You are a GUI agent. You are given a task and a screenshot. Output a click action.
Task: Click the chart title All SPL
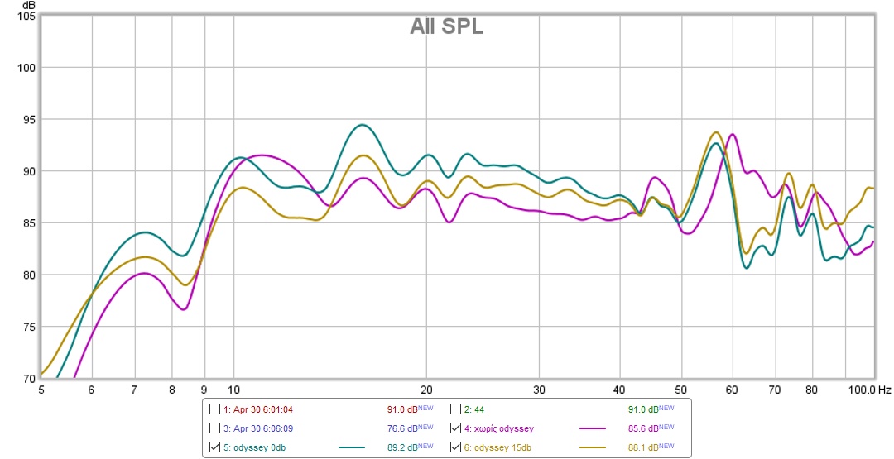click(446, 27)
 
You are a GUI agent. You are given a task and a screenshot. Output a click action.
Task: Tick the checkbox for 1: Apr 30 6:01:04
click(215, 409)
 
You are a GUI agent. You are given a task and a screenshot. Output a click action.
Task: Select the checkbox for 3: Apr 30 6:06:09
click(215, 428)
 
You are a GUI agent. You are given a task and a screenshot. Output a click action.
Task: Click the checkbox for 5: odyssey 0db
click(215, 447)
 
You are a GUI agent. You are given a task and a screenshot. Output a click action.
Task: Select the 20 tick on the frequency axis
click(426, 389)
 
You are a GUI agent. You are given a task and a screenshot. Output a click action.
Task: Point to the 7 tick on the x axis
click(134, 389)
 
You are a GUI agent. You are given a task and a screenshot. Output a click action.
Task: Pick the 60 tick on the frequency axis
click(732, 389)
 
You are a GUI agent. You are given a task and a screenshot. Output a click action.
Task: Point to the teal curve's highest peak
click(361, 125)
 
